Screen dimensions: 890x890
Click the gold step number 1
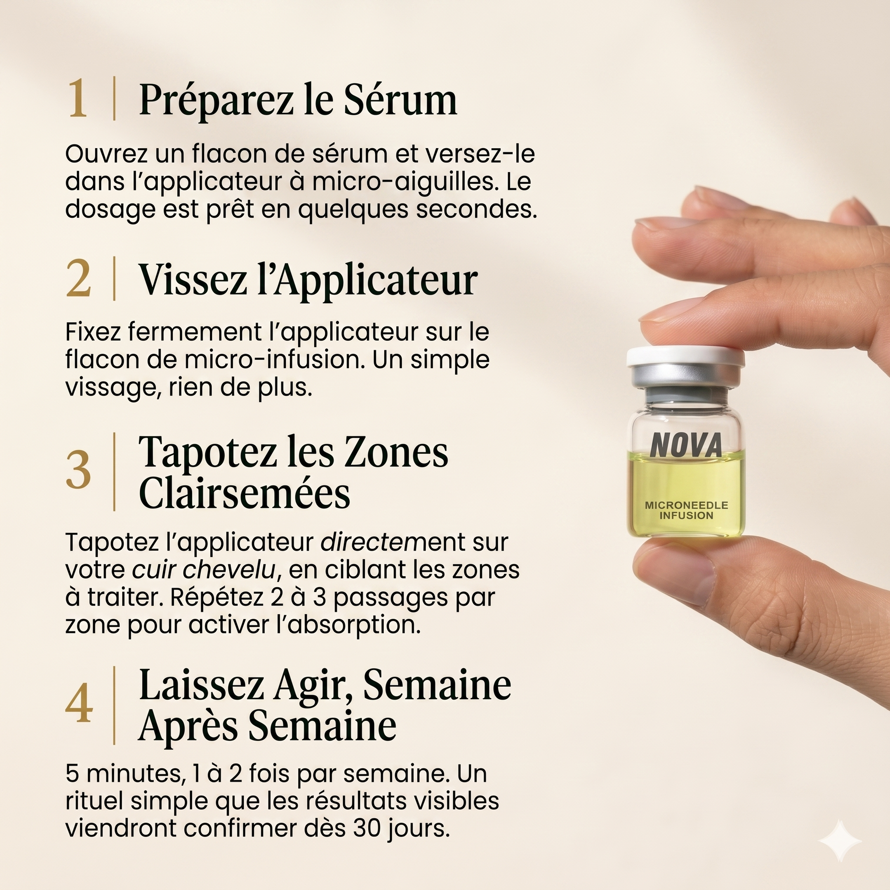[77, 99]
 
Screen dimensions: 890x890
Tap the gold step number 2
[78, 278]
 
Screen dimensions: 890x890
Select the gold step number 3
[78, 470]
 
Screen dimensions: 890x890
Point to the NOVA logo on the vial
[686, 445]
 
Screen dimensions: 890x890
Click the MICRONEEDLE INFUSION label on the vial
[686, 510]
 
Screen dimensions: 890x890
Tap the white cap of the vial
[686, 358]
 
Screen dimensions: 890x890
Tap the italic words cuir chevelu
[204, 569]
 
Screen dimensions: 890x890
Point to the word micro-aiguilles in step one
[405, 182]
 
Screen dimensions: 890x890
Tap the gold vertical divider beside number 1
[114, 99]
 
